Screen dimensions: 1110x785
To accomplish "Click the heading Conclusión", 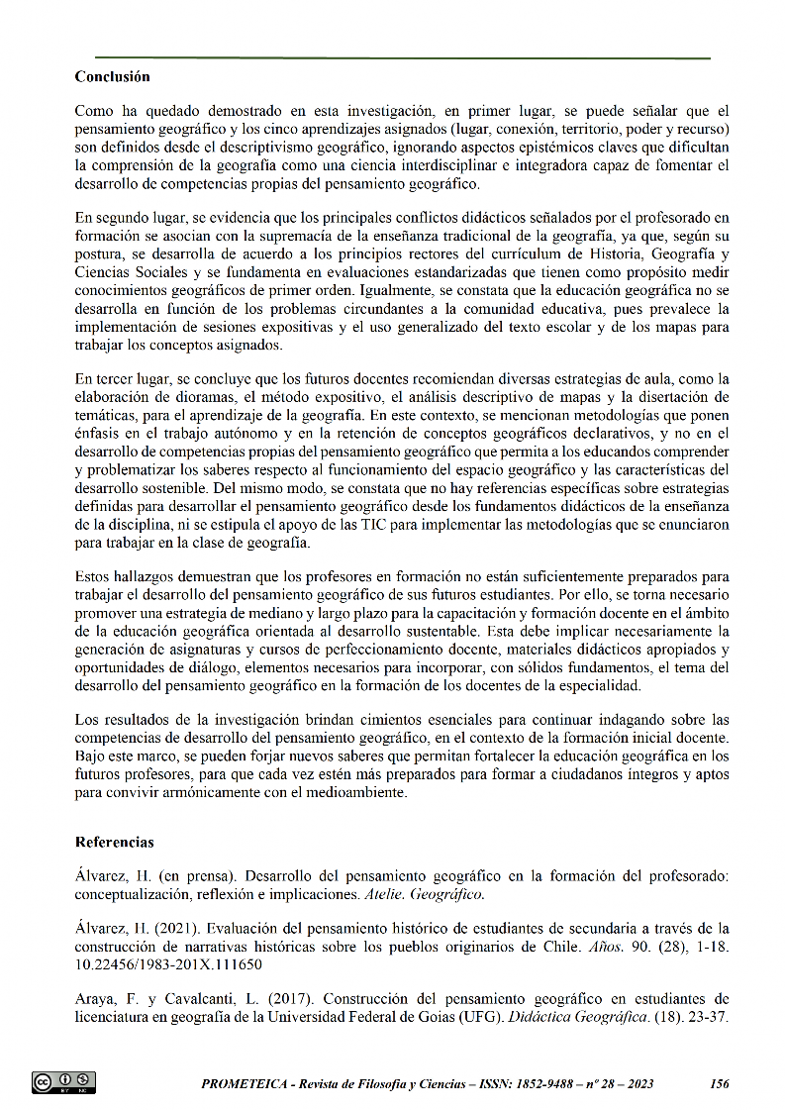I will (112, 76).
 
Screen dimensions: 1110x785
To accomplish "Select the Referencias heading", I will (115, 843).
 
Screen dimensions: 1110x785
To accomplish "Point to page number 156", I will (720, 1084).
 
